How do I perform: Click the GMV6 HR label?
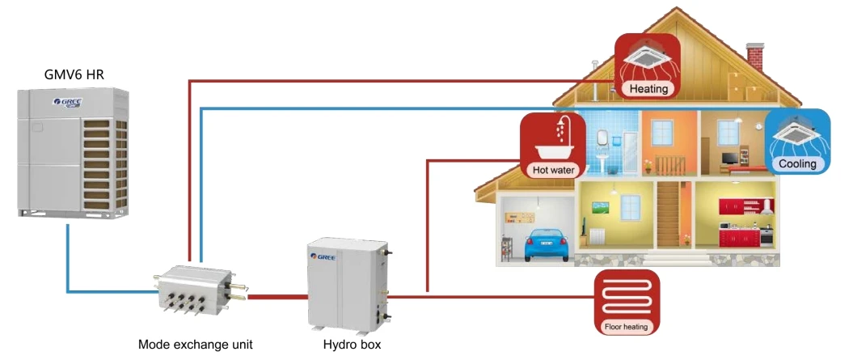(x=74, y=75)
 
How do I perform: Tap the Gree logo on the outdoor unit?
(x=68, y=104)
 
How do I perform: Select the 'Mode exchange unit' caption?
(x=196, y=344)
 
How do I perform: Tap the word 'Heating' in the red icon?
(x=648, y=89)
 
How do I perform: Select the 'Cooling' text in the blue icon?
(x=797, y=164)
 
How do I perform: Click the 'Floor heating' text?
(x=627, y=328)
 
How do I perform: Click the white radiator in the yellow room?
(x=598, y=236)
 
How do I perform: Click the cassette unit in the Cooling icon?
(x=797, y=133)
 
